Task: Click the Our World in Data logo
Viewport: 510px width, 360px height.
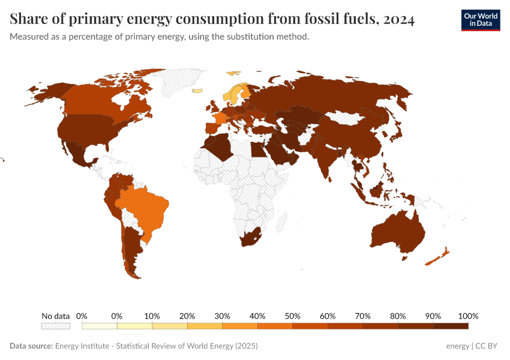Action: (480, 20)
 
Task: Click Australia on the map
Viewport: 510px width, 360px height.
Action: (396, 234)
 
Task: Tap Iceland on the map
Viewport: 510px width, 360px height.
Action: (197, 91)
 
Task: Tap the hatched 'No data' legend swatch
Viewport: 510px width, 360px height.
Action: (55, 326)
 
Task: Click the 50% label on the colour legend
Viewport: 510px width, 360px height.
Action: (292, 316)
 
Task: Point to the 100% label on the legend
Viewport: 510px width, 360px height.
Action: (467, 316)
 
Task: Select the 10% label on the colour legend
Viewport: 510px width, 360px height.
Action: (152, 316)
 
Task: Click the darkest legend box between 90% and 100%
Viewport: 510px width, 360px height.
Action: (451, 326)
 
